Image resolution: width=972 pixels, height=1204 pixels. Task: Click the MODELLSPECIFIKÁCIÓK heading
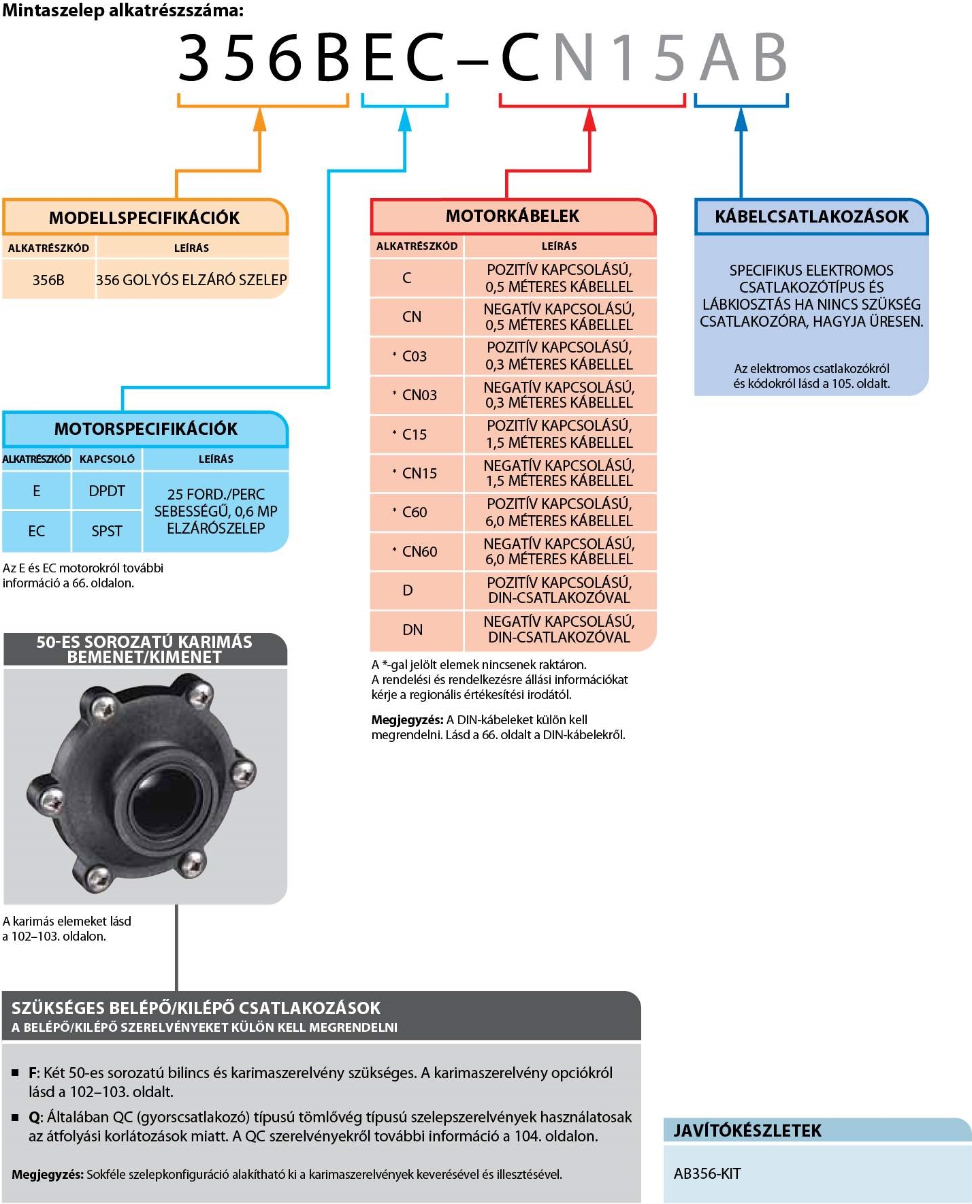click(144, 218)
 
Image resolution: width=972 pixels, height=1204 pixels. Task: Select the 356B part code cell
click(48, 280)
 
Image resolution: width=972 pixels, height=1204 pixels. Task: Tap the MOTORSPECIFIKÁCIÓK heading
click(146, 429)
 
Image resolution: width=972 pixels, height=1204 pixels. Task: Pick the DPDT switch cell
click(107, 491)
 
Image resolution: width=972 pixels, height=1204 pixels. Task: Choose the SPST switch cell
click(107, 531)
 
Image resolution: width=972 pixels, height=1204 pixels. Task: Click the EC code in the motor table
click(37, 531)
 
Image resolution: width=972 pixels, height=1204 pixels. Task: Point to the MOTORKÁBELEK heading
click(513, 216)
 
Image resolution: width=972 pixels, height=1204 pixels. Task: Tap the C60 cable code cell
click(414, 512)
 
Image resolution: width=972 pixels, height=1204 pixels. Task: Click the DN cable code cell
click(412, 630)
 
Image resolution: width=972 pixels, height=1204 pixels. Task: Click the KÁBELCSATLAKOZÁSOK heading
click(811, 216)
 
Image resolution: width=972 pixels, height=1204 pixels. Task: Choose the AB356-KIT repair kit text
click(707, 1173)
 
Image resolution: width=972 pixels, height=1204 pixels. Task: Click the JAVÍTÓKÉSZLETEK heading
click(747, 1130)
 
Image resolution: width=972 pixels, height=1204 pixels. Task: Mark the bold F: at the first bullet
click(34, 1073)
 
